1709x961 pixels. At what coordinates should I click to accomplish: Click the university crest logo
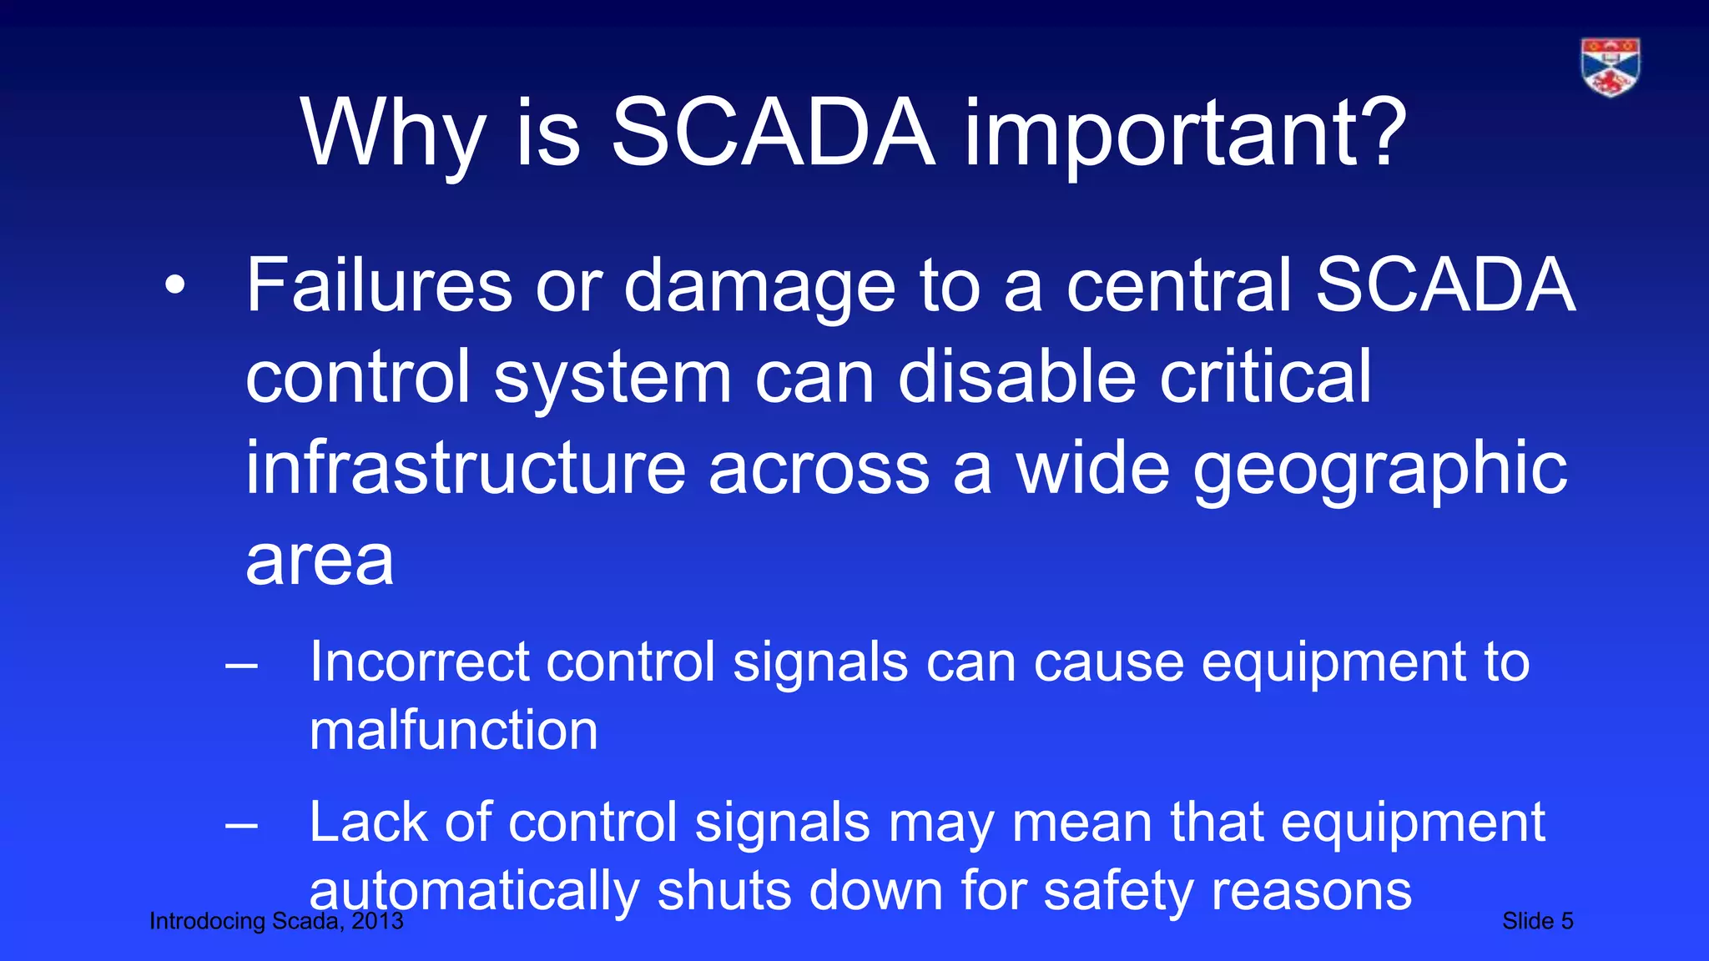coord(1610,67)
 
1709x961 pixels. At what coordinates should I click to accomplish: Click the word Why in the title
coord(393,133)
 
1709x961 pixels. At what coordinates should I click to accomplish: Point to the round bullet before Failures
coord(174,286)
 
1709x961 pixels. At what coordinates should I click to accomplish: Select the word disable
coord(1016,376)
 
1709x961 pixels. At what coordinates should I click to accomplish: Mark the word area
coord(319,561)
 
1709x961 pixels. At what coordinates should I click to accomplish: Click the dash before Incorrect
coord(241,666)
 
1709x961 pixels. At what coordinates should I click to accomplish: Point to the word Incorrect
coord(420,662)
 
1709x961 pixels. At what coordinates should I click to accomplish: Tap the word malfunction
coord(453,731)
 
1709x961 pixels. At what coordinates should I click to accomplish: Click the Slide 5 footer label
coord(1537,921)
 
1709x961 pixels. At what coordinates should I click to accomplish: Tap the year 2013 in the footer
coord(377,921)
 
